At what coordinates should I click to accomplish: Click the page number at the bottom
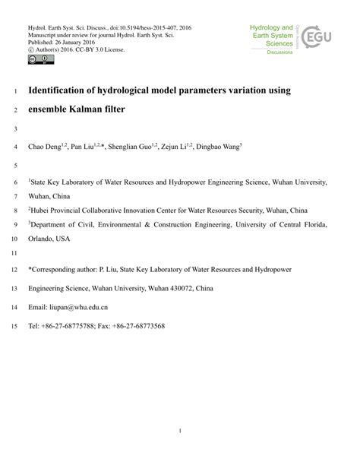[180, 431]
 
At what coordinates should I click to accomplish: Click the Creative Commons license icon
[36, 59]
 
